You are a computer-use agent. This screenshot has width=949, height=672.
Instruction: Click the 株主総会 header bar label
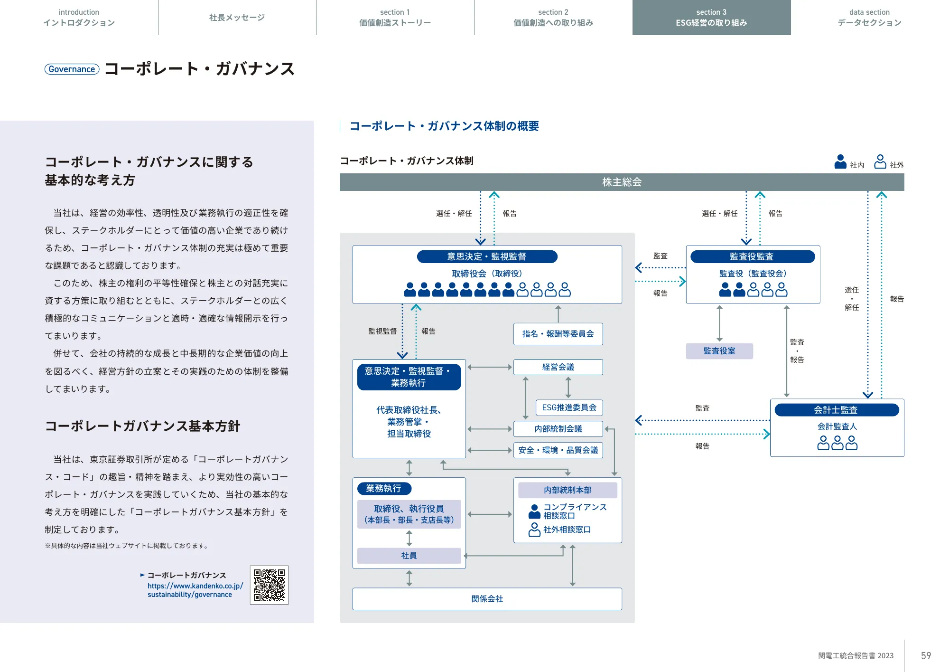(x=622, y=182)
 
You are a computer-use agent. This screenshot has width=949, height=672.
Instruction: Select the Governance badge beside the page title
(x=72, y=69)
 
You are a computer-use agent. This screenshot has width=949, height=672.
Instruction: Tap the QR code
(x=269, y=585)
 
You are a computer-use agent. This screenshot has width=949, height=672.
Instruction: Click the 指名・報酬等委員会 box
(x=558, y=334)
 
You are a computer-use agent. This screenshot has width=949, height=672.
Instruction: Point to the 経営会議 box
(x=558, y=367)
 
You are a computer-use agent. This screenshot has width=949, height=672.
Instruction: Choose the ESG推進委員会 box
(x=569, y=407)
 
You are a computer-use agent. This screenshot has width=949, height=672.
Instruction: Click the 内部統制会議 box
(x=558, y=429)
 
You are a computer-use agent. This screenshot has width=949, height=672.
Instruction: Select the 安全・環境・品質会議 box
(x=558, y=450)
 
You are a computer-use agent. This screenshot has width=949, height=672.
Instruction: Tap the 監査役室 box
(x=719, y=351)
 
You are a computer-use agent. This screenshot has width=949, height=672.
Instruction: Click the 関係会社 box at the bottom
(x=487, y=599)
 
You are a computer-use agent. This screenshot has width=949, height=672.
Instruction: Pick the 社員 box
(x=409, y=556)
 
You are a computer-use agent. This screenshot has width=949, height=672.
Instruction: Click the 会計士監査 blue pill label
(x=836, y=410)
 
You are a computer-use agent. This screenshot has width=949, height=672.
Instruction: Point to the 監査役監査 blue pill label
(x=752, y=256)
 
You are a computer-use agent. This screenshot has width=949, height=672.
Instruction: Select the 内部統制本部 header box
(x=568, y=490)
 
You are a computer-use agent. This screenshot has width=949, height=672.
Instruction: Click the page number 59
(x=926, y=656)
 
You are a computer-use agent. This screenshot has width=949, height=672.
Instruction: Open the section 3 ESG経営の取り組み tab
(x=711, y=18)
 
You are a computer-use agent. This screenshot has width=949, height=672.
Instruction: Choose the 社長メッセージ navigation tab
(x=237, y=18)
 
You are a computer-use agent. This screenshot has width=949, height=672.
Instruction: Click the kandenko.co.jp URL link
(x=195, y=590)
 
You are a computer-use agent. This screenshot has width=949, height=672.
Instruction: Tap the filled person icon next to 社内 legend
(x=840, y=161)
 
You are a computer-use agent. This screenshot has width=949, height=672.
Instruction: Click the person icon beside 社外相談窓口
(x=534, y=530)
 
